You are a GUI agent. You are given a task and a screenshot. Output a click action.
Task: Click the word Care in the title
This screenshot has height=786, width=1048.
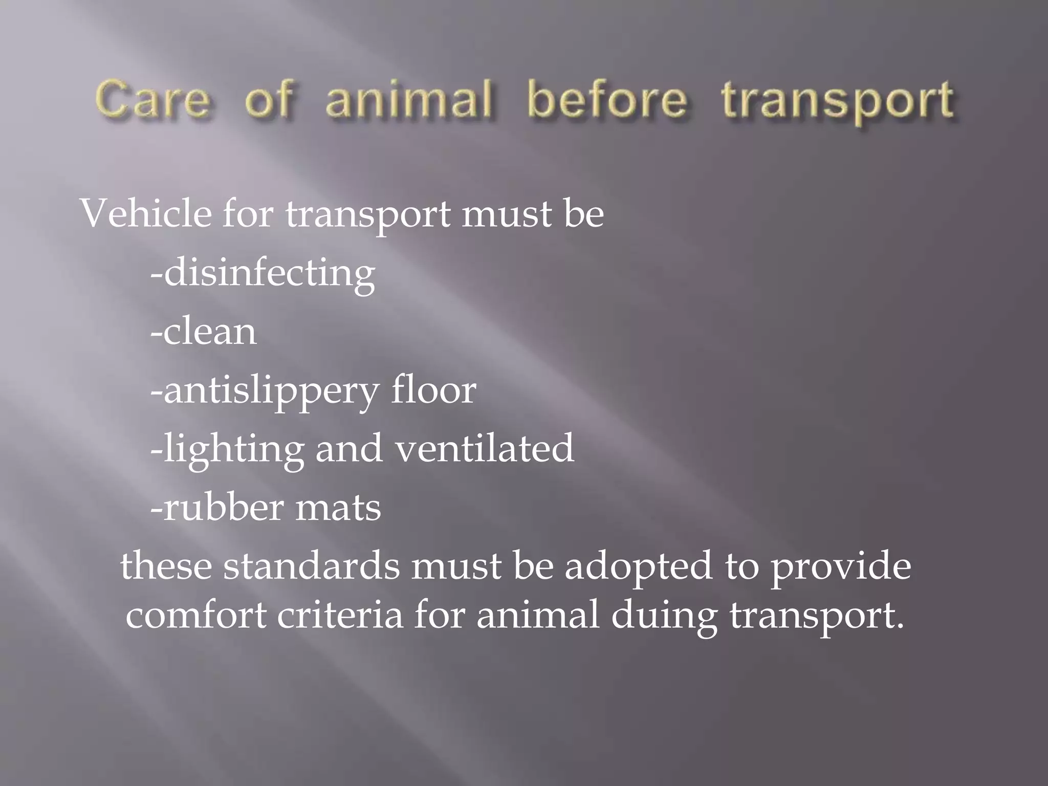point(152,100)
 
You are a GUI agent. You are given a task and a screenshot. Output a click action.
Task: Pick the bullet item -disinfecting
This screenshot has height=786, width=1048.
point(263,274)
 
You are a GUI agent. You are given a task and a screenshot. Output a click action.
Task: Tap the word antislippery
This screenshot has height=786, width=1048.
point(271,391)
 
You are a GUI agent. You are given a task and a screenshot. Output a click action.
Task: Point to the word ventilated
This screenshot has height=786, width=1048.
point(485,449)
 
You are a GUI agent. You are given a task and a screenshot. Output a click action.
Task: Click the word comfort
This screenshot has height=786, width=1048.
point(196,615)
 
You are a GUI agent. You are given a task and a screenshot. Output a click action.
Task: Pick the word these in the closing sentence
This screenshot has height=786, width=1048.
point(166,566)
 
